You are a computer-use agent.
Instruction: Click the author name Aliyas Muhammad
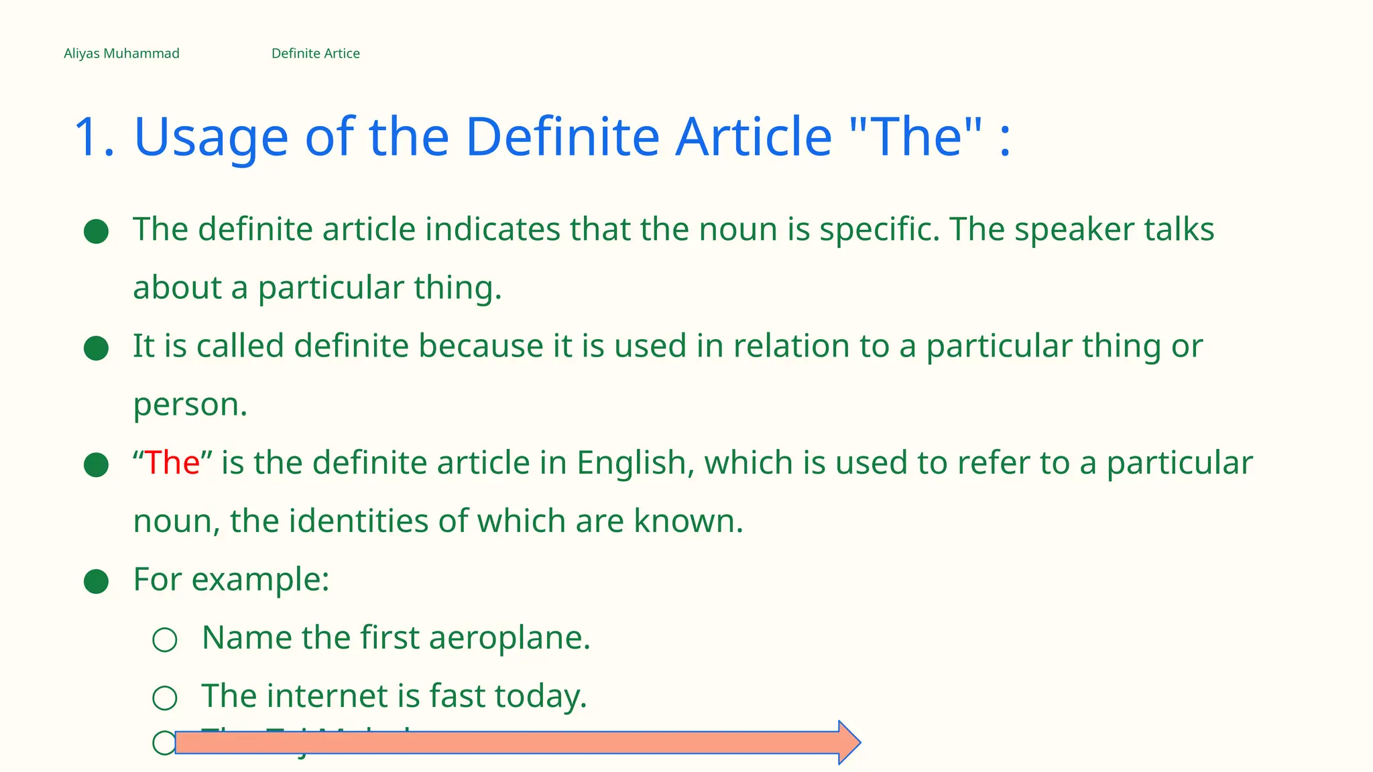point(121,54)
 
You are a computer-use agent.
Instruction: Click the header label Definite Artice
point(315,54)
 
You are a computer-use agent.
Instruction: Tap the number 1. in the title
point(94,137)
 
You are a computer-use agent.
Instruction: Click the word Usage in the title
point(211,137)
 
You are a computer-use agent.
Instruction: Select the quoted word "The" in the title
point(915,137)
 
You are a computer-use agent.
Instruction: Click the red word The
point(172,463)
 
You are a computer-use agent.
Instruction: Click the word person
point(190,405)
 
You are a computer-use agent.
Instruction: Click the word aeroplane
point(510,638)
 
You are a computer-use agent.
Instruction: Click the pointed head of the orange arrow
point(849,743)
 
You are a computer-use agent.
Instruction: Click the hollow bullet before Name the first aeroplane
point(164,640)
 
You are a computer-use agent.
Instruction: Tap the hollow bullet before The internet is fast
point(164,698)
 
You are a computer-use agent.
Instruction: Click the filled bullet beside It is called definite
point(96,348)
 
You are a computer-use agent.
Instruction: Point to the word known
point(688,521)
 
